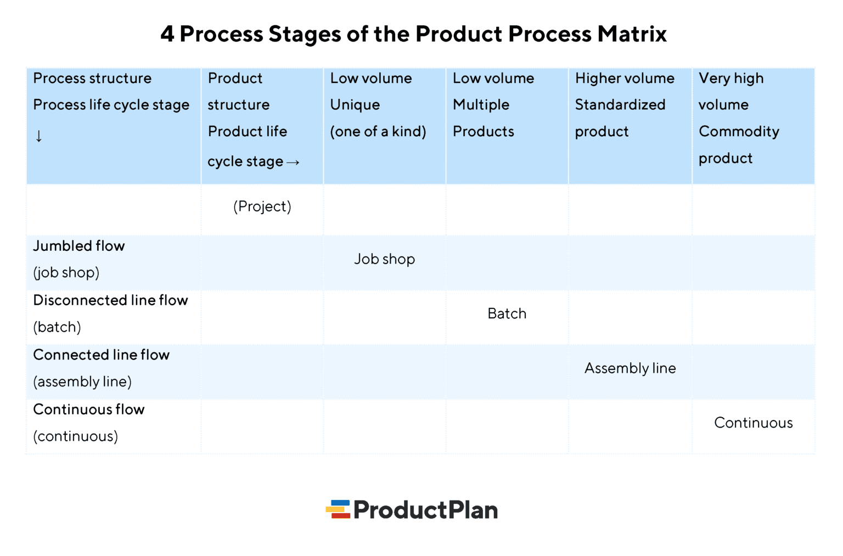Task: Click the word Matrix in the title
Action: coord(632,34)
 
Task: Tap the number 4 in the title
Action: coord(167,34)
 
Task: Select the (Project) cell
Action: coord(262,206)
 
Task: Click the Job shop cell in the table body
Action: coord(384,259)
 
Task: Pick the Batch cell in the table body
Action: coord(507,313)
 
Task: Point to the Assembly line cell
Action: coord(630,368)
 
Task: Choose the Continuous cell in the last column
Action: coord(753,423)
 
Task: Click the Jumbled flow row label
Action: coord(79,246)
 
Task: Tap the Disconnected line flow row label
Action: coord(110,300)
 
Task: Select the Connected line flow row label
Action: coord(102,355)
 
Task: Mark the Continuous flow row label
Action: coord(89,409)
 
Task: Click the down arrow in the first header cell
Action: coord(38,136)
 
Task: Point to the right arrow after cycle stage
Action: coord(293,162)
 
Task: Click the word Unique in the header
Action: coord(355,105)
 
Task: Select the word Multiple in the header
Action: coord(481,105)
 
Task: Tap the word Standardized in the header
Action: coord(620,105)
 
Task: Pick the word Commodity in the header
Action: coord(739,132)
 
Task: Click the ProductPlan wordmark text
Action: coord(425,510)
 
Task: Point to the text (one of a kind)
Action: coord(378,132)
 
